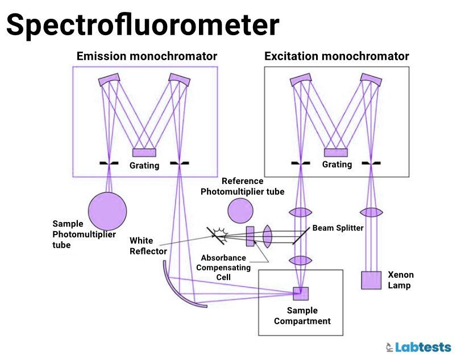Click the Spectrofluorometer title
[x=143, y=25]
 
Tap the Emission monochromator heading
[x=147, y=56]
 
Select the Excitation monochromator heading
[x=336, y=56]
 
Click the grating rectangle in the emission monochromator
[x=144, y=152]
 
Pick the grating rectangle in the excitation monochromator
[x=335, y=152]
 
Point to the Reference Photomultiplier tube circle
[x=240, y=211]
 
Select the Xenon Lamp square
[x=371, y=280]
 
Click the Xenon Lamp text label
[x=400, y=279]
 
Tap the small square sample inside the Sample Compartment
[x=301, y=294]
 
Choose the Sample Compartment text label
[x=302, y=316]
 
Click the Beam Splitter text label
[x=338, y=228]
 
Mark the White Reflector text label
[x=148, y=246]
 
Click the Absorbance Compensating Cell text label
[x=223, y=267]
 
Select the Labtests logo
[x=418, y=346]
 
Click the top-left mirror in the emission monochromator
[x=109, y=79]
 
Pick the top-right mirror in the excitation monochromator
[x=370, y=81]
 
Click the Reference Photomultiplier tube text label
[x=242, y=186]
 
